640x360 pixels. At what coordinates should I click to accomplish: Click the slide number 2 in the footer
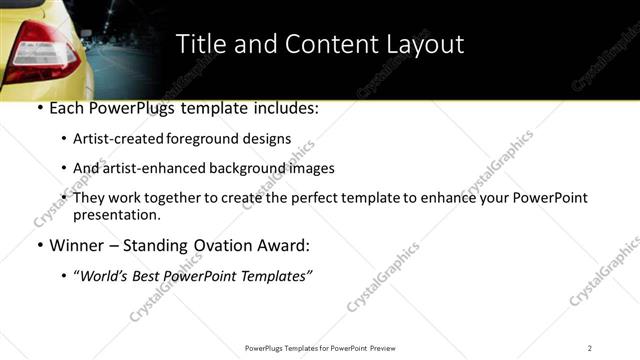(x=590, y=347)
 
